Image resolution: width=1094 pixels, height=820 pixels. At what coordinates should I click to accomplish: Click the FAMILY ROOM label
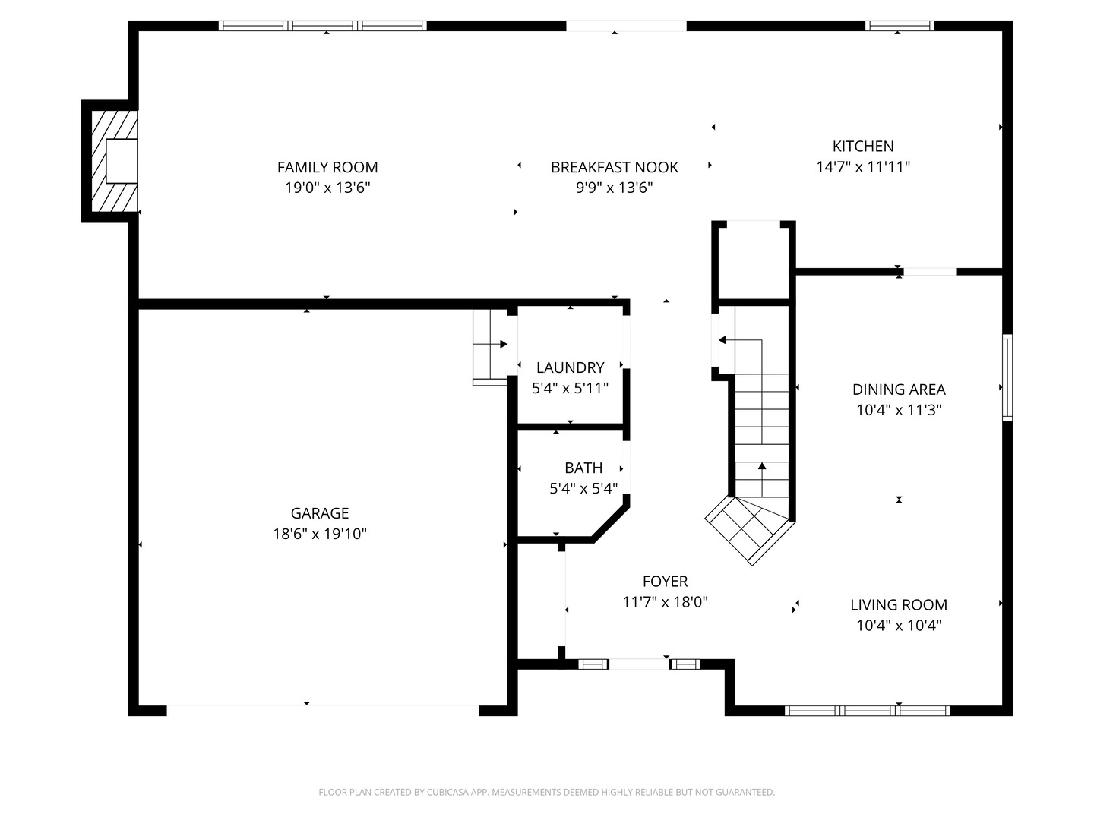(x=327, y=167)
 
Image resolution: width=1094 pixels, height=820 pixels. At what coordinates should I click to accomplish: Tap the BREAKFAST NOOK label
(x=614, y=167)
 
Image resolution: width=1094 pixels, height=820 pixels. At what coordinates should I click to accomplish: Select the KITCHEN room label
(x=863, y=146)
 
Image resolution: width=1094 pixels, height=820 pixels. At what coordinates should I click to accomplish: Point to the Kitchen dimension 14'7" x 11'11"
(x=863, y=167)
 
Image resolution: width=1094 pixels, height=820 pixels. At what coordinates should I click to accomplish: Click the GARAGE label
(x=320, y=513)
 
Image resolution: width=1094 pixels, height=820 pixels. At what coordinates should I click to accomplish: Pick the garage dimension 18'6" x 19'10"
(x=320, y=534)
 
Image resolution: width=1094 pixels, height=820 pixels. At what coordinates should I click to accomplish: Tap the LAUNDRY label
(x=570, y=367)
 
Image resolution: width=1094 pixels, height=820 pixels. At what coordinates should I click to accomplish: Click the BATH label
(x=583, y=468)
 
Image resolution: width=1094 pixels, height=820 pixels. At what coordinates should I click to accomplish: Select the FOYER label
(x=665, y=582)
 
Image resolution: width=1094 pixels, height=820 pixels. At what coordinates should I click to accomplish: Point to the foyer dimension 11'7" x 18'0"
(x=665, y=602)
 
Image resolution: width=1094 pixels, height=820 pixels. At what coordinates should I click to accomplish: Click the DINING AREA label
(x=899, y=389)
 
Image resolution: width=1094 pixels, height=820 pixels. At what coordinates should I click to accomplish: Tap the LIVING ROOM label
(x=899, y=605)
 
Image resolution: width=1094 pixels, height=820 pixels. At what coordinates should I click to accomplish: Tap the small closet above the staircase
(x=754, y=262)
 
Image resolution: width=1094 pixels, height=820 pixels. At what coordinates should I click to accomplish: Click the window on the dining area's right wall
(x=1007, y=377)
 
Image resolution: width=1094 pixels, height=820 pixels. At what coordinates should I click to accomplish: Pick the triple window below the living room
(x=867, y=711)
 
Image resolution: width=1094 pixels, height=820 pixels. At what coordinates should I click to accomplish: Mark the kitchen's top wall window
(x=900, y=26)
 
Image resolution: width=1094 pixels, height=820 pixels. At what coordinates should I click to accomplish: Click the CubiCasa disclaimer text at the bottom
(x=546, y=792)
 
